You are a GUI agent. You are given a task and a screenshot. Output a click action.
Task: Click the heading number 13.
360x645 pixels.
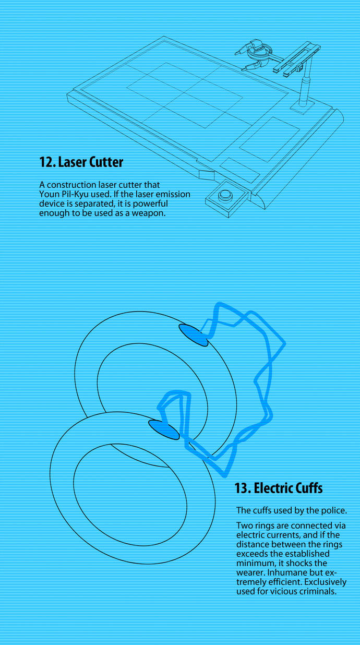243,488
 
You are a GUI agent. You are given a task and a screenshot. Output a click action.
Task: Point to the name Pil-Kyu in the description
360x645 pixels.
75,194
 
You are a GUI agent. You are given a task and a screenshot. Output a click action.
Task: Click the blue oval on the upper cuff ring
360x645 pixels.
193,335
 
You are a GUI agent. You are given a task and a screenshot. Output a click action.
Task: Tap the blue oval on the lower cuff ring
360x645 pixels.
164,429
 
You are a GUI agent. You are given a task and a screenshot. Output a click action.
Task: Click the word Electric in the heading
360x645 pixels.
269,488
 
